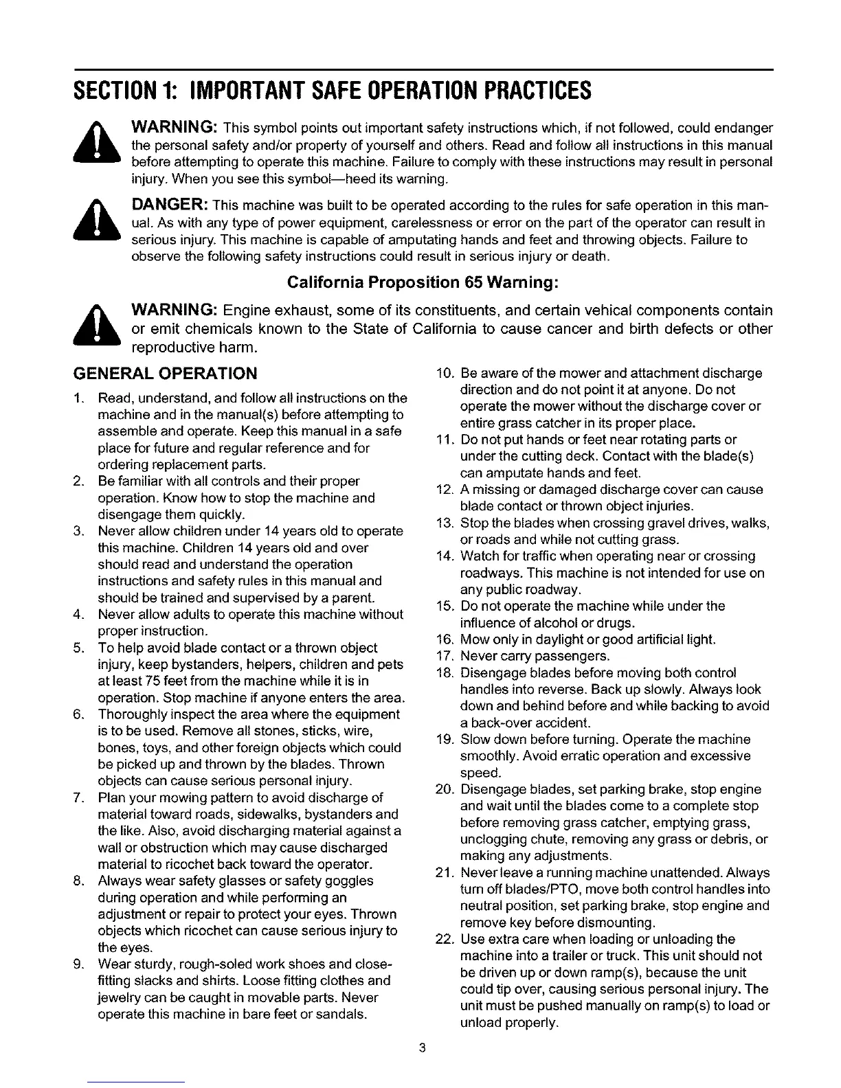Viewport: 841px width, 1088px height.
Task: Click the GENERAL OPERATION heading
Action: coord(165,373)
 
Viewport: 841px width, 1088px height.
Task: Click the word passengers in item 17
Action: coord(571,656)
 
